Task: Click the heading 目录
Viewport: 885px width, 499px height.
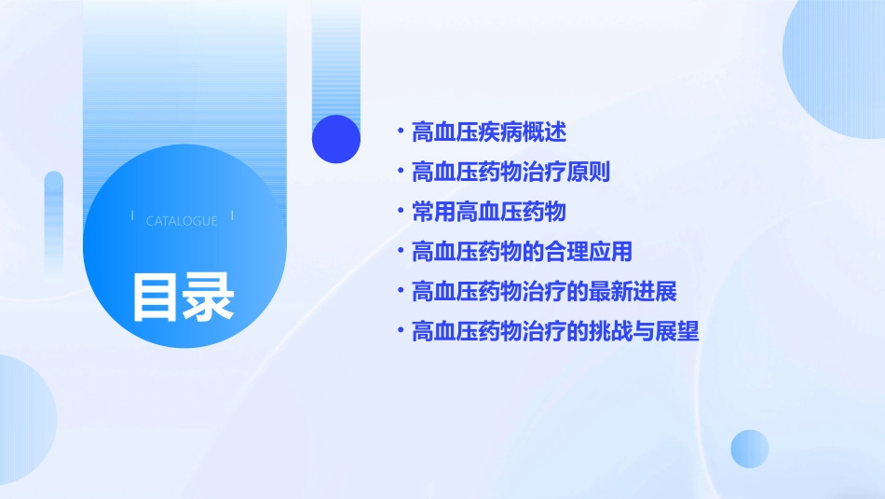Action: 183,298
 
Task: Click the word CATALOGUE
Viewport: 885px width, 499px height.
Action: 182,221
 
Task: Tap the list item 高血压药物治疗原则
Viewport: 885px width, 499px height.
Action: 511,173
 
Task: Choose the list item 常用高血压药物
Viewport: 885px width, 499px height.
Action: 488,213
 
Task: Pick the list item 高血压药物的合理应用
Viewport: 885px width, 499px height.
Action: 522,252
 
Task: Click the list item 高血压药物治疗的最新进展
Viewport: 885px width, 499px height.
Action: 544,292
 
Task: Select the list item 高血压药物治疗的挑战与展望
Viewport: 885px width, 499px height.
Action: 555,332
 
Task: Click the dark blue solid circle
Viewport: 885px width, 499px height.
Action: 336,139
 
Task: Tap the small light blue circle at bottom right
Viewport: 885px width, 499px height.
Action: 750,449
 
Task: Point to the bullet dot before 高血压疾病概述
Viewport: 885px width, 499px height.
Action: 400,132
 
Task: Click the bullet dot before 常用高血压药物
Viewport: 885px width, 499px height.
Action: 400,213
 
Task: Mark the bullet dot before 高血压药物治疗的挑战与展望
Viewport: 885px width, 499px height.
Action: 400,332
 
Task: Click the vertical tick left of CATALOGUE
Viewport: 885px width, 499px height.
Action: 132,216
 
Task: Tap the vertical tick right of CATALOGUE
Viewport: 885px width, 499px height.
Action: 232,216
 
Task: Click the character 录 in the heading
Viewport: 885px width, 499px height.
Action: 209,298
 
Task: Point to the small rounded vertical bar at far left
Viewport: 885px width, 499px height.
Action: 54,224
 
